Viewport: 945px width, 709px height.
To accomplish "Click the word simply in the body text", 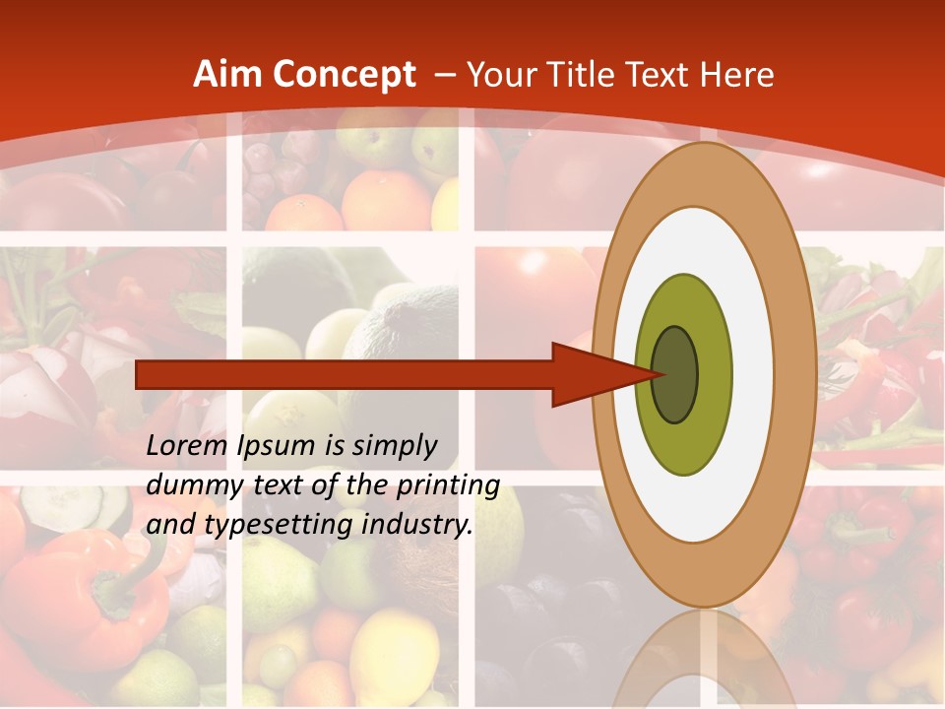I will click(394, 447).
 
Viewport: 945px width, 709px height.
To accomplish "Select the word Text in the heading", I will click(669, 75).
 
